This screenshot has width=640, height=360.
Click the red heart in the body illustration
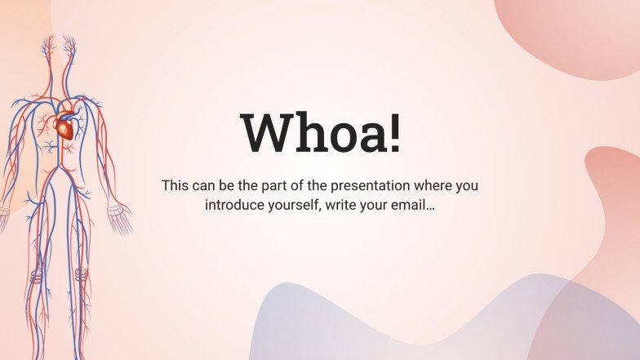[65, 125]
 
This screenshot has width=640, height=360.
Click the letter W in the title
[269, 132]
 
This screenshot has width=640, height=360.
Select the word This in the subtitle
[175, 185]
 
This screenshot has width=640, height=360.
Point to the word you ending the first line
[467, 187]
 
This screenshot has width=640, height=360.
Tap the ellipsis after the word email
[430, 209]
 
